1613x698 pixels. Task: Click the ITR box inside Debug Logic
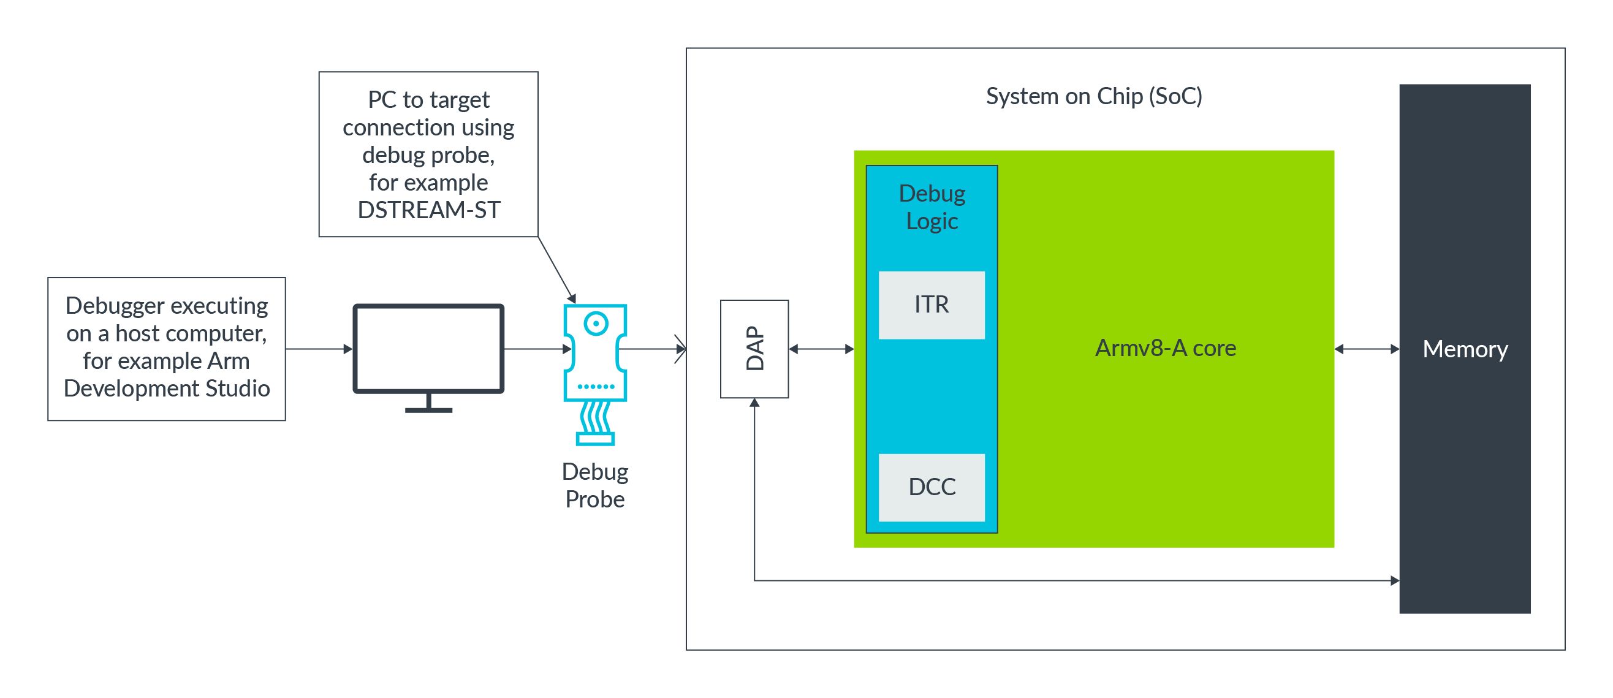point(931,305)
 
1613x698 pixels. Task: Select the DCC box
point(931,487)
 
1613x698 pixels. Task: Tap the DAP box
point(754,349)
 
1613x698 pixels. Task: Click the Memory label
point(1465,349)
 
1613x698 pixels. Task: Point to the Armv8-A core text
point(1164,348)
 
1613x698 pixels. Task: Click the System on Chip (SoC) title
point(1093,96)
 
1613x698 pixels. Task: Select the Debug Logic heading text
point(931,207)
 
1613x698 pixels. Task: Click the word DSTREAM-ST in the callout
point(428,210)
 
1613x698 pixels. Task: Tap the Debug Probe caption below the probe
point(594,485)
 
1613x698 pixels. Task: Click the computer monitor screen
point(428,348)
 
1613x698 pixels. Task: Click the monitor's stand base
point(428,410)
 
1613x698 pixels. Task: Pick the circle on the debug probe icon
point(596,324)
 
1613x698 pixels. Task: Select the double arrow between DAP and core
point(821,349)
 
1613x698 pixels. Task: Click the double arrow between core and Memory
point(1366,349)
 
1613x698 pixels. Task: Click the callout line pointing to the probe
point(556,269)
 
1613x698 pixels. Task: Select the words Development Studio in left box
point(167,388)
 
